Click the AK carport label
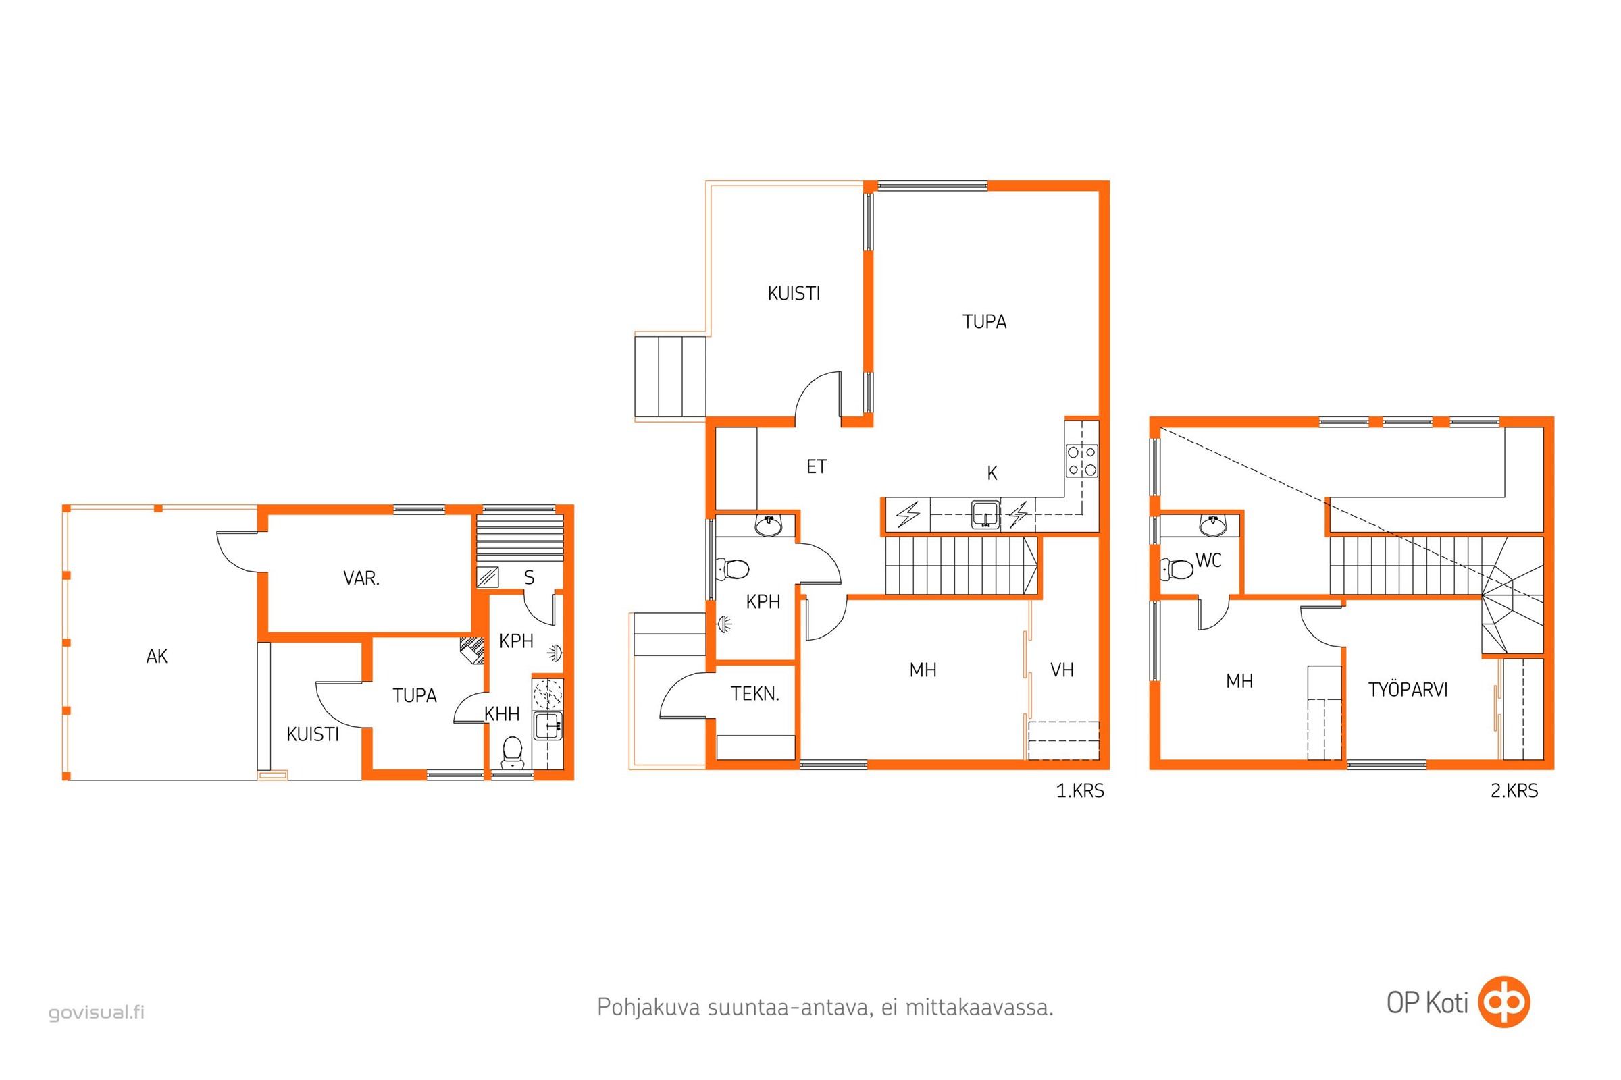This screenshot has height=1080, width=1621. [x=157, y=656]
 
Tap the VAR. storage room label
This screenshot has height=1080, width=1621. [x=362, y=578]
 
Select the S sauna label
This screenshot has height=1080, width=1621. [x=530, y=578]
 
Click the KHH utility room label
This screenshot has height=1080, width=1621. [x=502, y=714]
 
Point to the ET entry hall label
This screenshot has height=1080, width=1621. [x=817, y=467]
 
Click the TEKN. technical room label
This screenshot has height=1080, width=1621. [x=755, y=695]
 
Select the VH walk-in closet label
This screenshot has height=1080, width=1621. [x=1062, y=670]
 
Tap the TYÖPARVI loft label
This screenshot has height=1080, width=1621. [x=1408, y=689]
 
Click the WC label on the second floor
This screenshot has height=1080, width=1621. [x=1208, y=561]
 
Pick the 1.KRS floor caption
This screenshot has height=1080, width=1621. [x=1080, y=790]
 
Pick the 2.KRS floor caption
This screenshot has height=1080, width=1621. [x=1514, y=790]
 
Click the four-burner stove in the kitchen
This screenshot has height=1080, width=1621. [x=1082, y=461]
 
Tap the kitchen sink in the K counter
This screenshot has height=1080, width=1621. [x=986, y=515]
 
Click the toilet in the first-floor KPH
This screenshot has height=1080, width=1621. [x=732, y=570]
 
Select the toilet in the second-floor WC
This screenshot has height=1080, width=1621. [x=1177, y=569]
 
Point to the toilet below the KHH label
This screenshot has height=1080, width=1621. [x=513, y=753]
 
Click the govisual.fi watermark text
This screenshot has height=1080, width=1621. [x=97, y=1013]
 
